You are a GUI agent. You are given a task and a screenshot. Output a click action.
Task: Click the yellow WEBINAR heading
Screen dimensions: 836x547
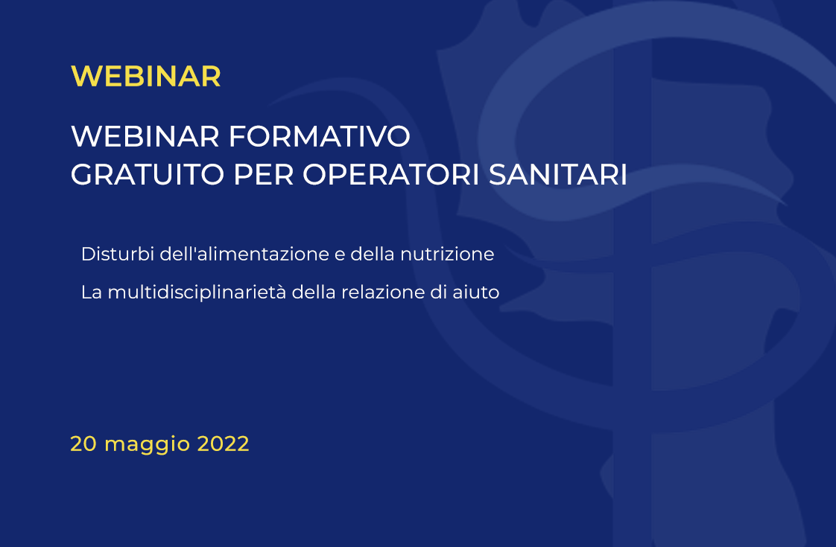point(145,76)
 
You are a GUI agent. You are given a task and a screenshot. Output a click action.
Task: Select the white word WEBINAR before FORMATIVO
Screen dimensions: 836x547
point(145,136)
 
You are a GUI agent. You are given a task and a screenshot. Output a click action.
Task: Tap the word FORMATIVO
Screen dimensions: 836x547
point(320,136)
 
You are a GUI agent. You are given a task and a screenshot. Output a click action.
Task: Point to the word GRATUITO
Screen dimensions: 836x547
point(147,175)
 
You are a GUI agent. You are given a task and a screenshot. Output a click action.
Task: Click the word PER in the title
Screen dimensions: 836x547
point(263,175)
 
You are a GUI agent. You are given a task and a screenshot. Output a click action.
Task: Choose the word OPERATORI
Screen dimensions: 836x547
point(391,175)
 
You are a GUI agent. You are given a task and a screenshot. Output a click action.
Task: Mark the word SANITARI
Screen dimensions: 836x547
point(557,175)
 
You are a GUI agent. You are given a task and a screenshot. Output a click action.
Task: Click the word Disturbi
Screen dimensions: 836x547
point(117,254)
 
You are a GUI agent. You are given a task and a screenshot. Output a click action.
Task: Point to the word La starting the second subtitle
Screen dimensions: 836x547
point(91,292)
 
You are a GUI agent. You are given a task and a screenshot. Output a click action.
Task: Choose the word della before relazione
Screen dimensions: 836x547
point(314,292)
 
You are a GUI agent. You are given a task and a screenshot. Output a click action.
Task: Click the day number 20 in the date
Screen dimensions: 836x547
point(83,444)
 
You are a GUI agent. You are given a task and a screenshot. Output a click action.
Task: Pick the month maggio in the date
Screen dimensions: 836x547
point(147,446)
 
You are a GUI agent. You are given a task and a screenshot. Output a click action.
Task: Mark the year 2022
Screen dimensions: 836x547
point(224,444)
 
